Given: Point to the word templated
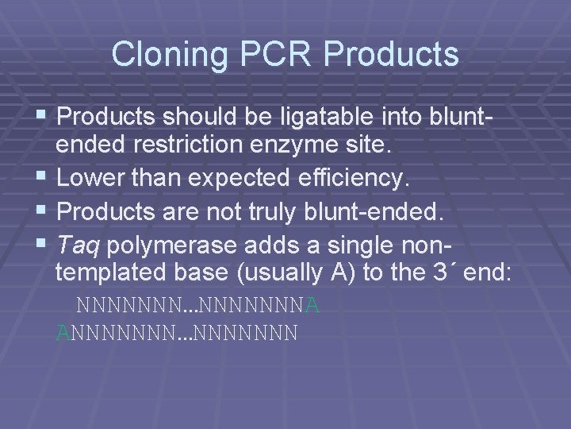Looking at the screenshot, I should click(107, 272).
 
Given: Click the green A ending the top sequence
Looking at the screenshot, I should click(312, 306).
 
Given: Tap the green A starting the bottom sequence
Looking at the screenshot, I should click(63, 332).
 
